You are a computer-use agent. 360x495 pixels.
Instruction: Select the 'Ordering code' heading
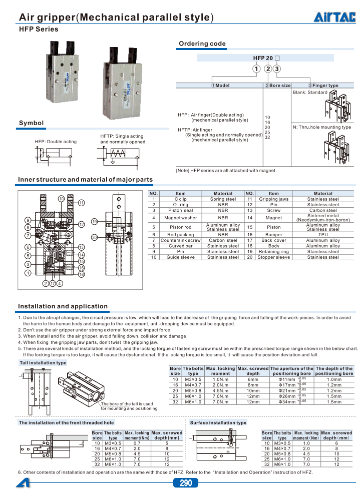(202, 44)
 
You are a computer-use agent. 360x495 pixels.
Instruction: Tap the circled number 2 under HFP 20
(268, 69)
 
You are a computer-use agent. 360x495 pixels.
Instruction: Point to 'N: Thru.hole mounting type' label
(321, 127)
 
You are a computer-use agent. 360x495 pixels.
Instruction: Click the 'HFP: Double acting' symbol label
(56, 142)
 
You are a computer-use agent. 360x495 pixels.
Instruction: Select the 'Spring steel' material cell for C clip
(223, 199)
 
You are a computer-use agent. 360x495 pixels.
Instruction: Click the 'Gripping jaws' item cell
(273, 199)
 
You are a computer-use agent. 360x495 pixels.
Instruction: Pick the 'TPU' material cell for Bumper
(323, 234)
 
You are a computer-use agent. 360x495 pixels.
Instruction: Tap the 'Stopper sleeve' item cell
(273, 257)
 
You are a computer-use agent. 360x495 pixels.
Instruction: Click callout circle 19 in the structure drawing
(94, 222)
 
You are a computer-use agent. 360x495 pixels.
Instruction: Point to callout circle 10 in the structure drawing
(61, 199)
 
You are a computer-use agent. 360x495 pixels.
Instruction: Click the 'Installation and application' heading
(63, 306)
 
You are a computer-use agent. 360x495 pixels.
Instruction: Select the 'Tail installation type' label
(43, 362)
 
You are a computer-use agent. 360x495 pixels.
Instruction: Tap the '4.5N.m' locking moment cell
(220, 390)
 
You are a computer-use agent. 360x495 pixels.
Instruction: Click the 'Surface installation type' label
(218, 422)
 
